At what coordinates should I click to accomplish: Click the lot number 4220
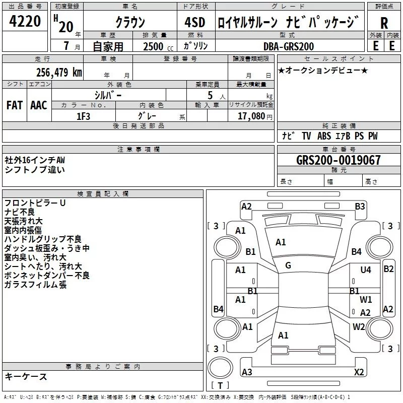26,22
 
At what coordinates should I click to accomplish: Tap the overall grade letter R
384,23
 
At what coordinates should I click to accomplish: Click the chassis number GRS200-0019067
339,160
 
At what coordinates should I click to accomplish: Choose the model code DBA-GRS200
288,46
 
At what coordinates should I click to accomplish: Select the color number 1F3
83,116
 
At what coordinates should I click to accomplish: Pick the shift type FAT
14,105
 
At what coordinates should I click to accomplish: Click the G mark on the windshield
288,265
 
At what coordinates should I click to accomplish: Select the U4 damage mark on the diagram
366,270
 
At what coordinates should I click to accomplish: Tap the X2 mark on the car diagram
359,372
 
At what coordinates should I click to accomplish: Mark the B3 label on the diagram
360,206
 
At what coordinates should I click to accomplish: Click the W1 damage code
366,300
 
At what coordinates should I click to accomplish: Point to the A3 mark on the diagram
247,372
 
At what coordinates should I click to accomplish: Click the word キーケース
26,376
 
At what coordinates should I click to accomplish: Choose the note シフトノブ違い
35,170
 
